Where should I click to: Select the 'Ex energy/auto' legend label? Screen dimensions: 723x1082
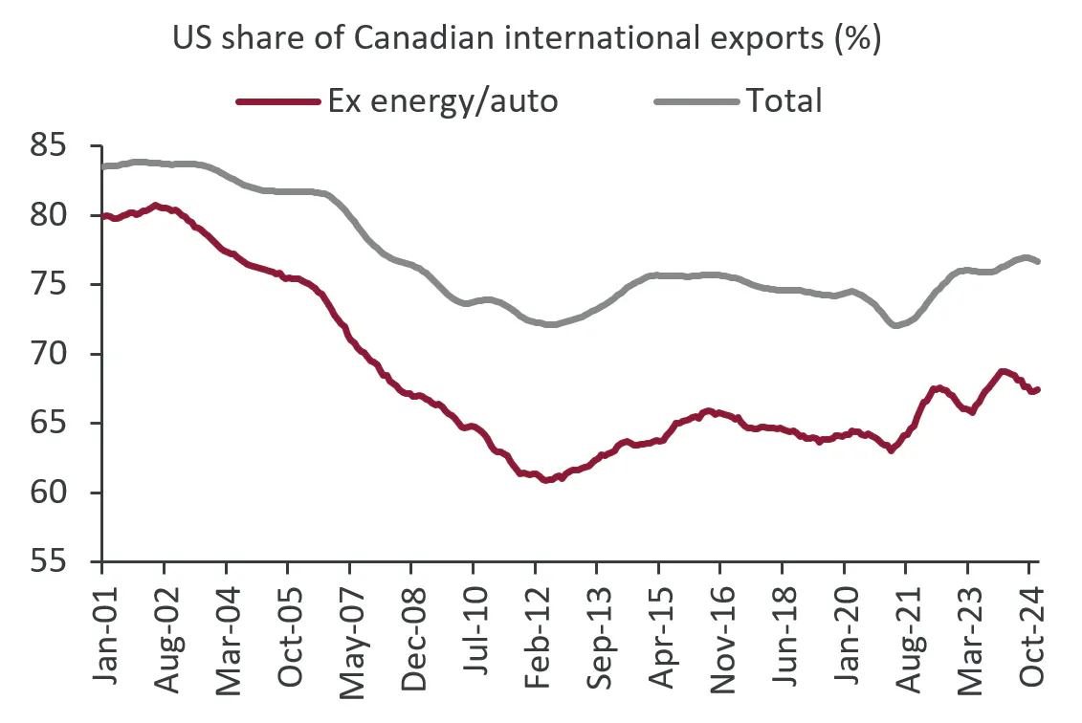coord(442,99)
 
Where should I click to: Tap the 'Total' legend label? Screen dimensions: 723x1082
coord(784,99)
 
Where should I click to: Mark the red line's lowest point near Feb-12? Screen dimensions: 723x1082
coord(545,480)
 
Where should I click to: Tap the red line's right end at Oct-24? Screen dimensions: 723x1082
coord(1039,389)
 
